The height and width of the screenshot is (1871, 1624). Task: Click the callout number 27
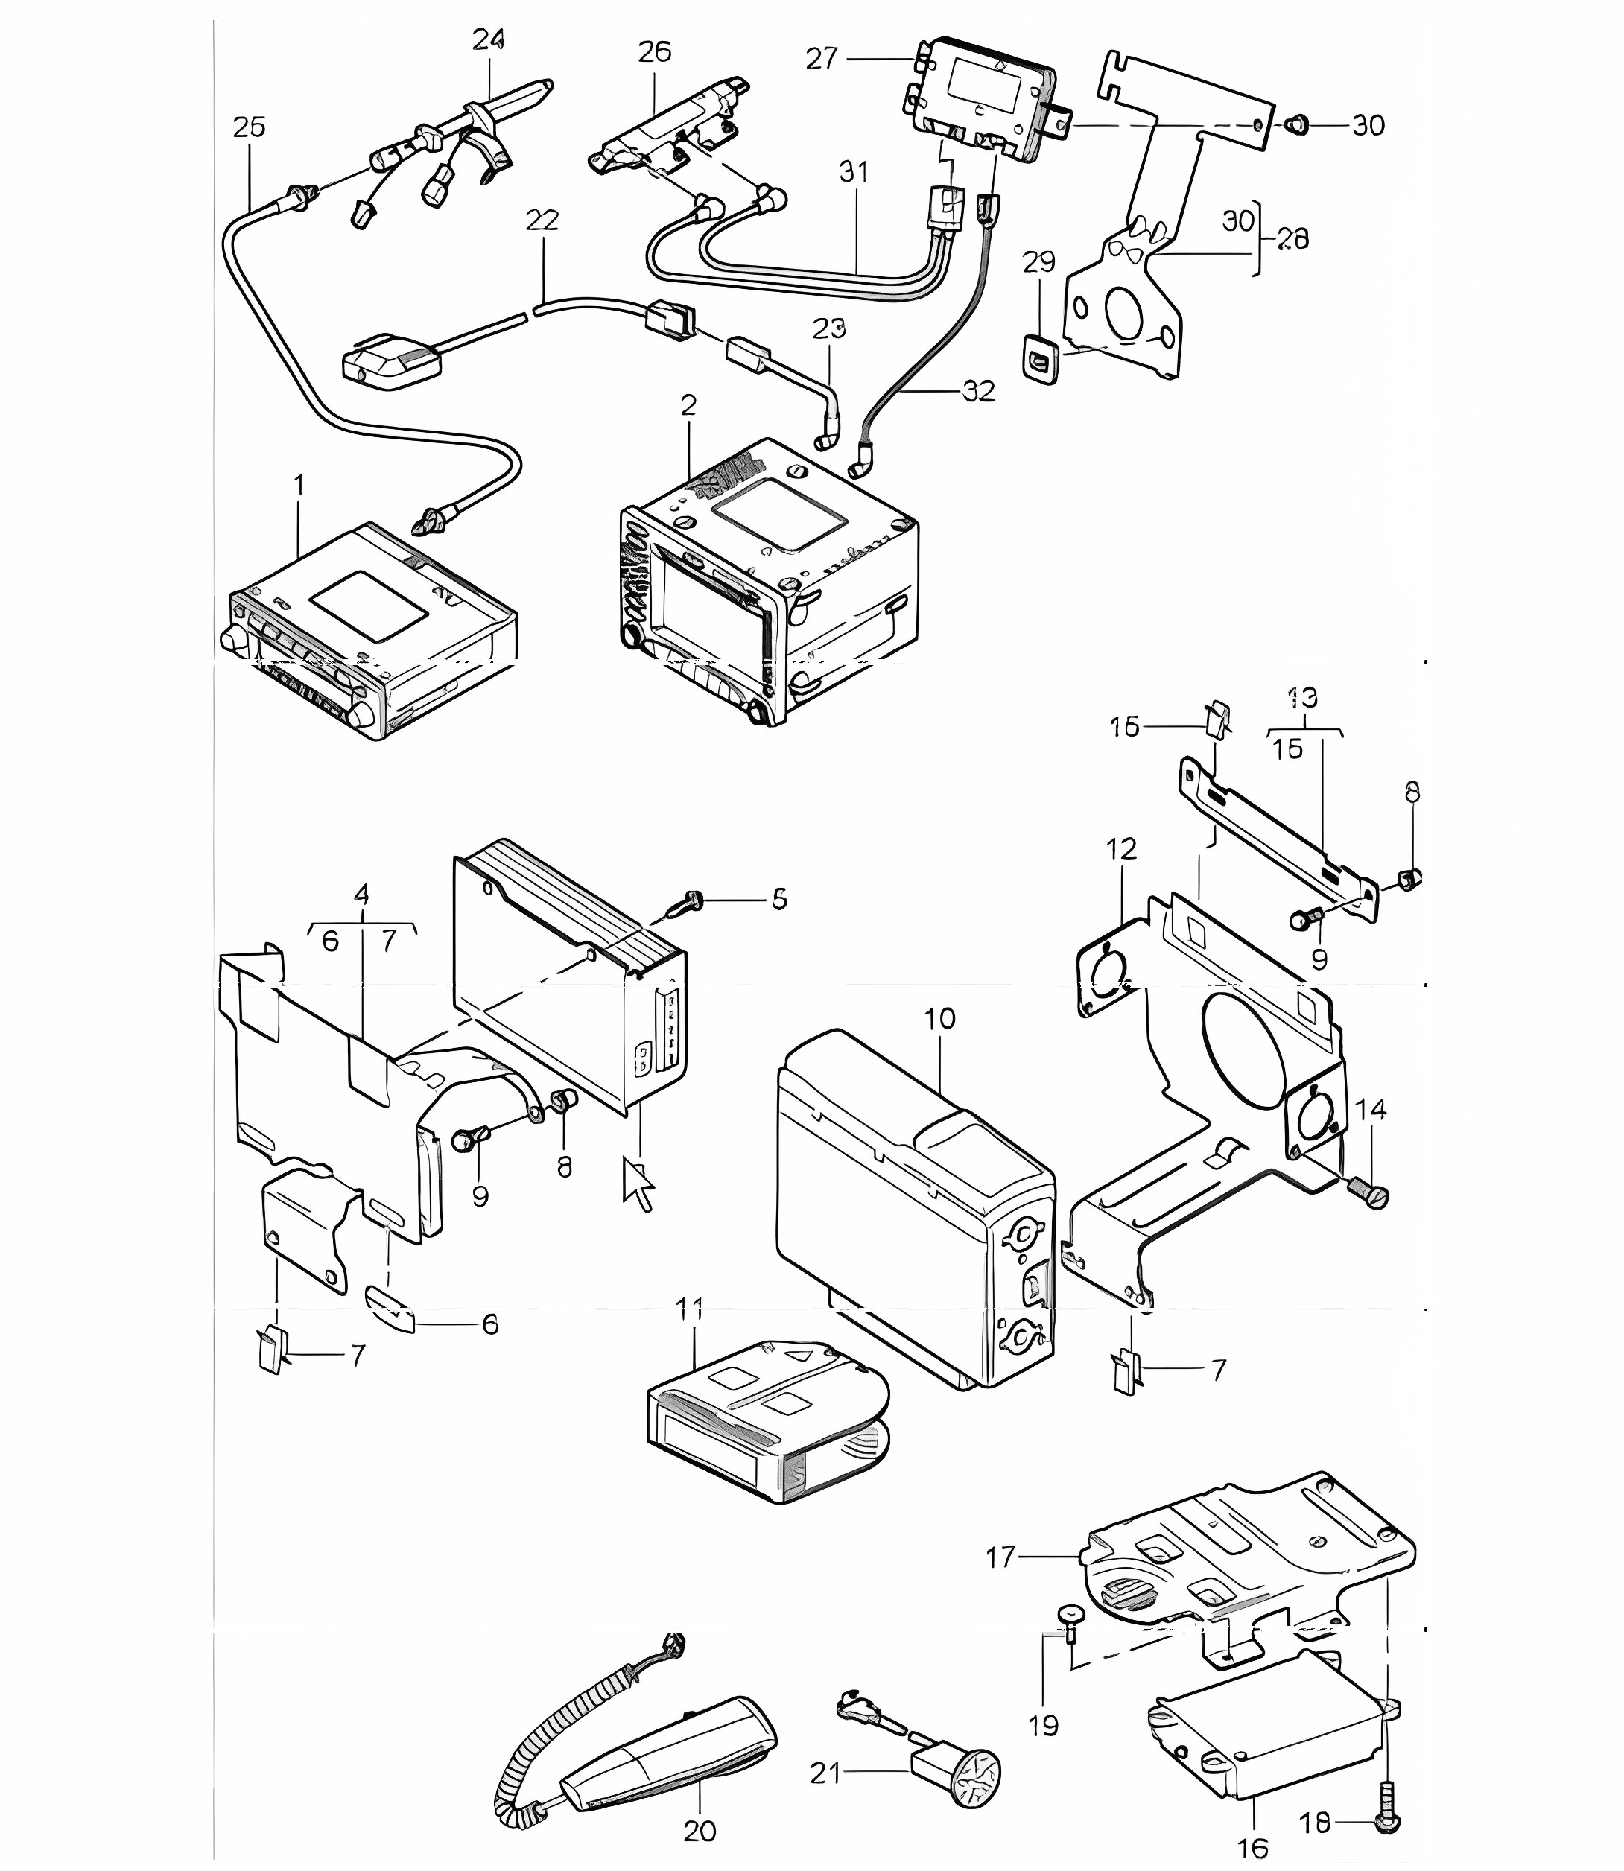pos(822,59)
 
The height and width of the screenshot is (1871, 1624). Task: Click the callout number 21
pos(825,1773)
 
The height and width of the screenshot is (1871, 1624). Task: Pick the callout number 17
pos(1001,1557)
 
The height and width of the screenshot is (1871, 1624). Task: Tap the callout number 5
pos(779,900)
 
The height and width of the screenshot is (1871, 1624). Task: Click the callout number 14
pos(1371,1109)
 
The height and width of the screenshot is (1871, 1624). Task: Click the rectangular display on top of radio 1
pos(369,606)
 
